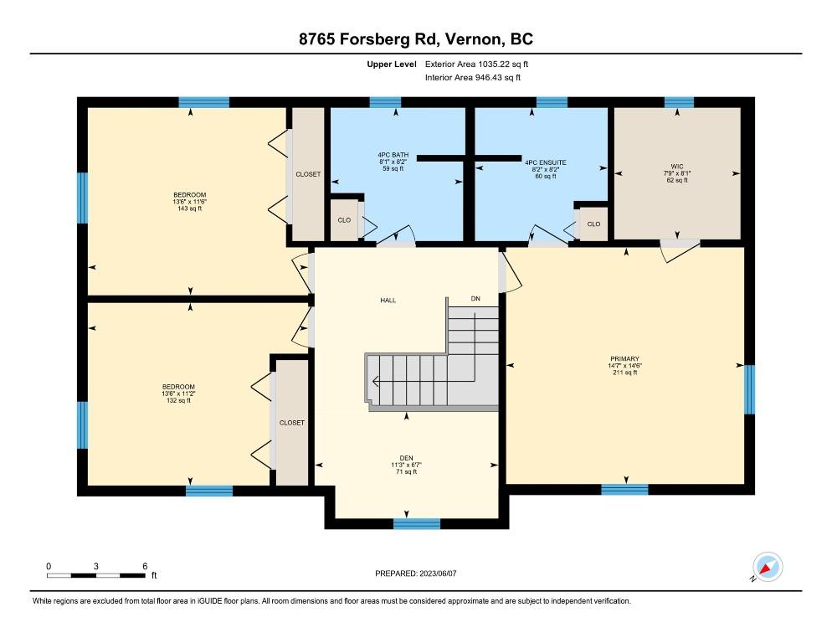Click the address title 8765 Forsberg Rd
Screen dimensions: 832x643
(367, 39)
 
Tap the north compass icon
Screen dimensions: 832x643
(768, 567)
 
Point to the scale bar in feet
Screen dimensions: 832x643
(95, 575)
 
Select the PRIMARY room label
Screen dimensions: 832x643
(624, 359)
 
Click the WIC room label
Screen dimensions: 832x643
(677, 167)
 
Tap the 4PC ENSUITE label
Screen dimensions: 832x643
(546, 162)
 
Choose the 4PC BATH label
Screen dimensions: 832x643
(393, 155)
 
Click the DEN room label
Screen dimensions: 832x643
(407, 458)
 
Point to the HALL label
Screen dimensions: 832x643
(388, 301)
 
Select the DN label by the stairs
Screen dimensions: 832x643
(475, 299)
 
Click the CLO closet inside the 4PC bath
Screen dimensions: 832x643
(344, 220)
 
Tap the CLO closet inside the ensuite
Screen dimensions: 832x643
(593, 224)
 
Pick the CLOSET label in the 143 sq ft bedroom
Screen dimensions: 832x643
(308, 174)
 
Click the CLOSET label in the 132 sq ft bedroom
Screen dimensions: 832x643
(292, 423)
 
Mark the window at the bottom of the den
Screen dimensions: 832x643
(417, 524)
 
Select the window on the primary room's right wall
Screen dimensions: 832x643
(749, 389)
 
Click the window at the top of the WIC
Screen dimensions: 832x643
(679, 102)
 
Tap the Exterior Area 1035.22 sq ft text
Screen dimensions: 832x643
(476, 64)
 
